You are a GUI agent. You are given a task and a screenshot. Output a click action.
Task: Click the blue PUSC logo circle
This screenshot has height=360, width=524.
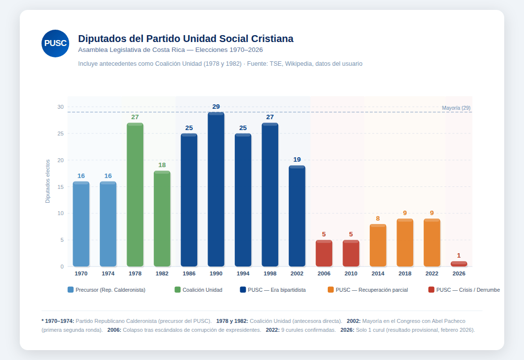55,44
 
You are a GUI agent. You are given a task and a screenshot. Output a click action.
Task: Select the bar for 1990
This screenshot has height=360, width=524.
216,189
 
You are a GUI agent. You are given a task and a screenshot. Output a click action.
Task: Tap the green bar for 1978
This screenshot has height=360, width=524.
135,194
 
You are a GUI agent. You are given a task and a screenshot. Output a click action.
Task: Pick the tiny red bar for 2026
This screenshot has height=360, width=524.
459,264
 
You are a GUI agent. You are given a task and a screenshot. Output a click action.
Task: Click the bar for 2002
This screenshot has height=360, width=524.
297,216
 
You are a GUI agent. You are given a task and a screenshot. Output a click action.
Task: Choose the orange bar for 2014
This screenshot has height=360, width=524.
378,245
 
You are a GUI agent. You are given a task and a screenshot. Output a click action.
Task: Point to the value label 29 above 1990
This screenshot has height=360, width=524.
216,107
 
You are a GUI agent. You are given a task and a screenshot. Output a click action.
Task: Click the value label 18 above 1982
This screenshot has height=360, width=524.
162,165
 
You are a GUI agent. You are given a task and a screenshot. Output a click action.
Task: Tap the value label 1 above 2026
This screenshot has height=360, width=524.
459,255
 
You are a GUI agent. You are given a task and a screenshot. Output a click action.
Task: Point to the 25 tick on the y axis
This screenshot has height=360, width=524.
60,134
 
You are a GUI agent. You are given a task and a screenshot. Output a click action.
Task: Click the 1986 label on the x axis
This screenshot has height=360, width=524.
189,273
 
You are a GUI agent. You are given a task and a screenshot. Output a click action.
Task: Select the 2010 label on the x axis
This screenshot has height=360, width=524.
351,273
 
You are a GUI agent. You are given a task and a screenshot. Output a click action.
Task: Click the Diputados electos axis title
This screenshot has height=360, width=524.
48,181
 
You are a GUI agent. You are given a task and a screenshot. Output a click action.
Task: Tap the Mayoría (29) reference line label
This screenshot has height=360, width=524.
456,108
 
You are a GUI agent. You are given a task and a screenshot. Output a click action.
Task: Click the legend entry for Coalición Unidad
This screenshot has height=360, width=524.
199,290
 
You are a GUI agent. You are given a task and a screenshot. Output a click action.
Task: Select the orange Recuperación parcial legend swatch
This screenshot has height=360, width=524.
331,290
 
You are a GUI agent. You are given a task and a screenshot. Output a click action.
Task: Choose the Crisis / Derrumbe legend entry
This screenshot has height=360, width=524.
464,290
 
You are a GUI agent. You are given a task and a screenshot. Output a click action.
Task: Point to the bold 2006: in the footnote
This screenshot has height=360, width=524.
114,330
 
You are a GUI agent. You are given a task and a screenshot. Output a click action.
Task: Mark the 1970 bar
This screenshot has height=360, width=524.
81,224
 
